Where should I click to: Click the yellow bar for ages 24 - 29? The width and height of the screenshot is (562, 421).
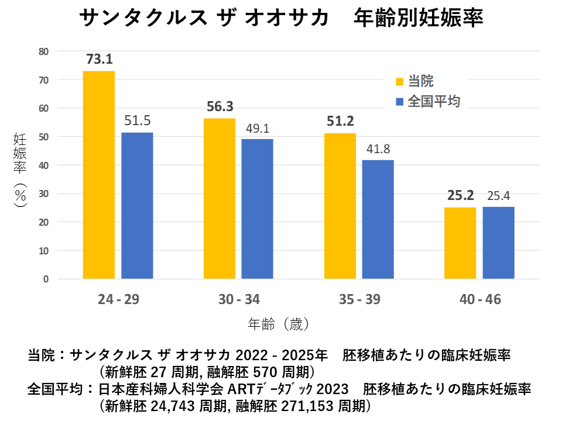pos(99,175)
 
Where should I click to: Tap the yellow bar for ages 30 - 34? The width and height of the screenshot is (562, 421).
pos(220,199)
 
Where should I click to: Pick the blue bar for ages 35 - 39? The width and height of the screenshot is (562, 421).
pos(378,219)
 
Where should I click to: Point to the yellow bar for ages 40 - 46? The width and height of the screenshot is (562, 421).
pos(460,243)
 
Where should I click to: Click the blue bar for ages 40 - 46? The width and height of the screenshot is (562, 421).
pos(498,243)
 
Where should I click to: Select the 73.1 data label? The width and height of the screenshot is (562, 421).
pos(99,59)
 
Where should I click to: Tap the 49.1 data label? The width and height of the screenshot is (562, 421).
pos(258,127)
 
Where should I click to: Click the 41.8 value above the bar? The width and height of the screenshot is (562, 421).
pos(378,149)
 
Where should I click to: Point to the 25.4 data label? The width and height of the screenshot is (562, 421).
pos(499,195)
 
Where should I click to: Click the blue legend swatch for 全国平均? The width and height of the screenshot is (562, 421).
pos(400,102)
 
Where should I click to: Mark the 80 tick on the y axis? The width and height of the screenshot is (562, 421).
pos(44,51)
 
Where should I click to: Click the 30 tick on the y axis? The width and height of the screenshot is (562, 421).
pos(44,194)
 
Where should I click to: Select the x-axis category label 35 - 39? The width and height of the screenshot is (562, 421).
pos(359,299)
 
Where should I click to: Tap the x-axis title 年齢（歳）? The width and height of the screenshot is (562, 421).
pos(277,323)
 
